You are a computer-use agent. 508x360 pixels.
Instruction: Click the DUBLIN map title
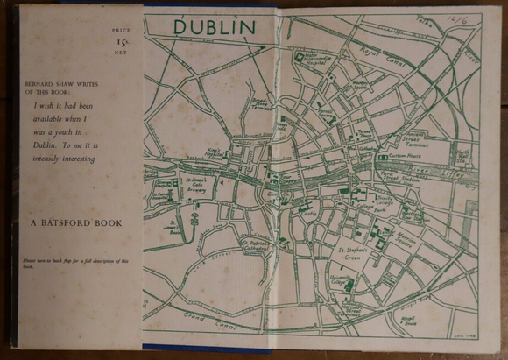pos(214,27)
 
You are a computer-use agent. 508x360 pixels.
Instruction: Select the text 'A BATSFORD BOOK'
pos(74,223)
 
